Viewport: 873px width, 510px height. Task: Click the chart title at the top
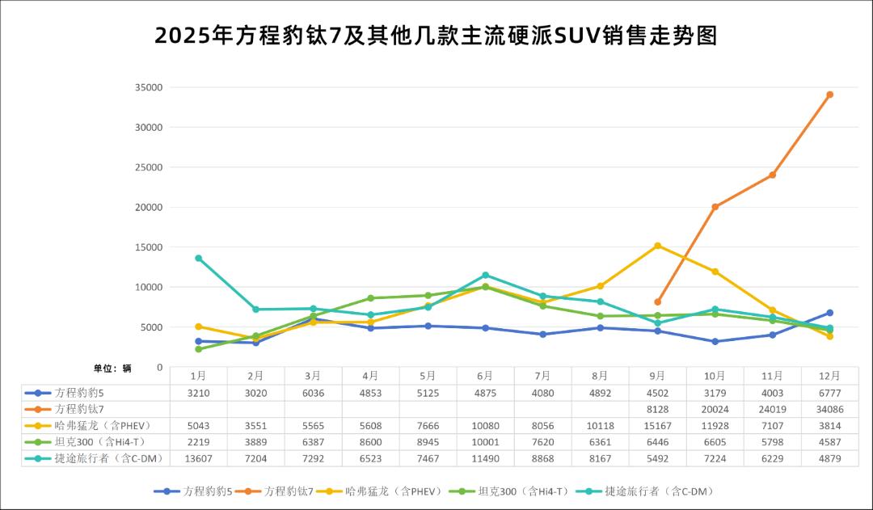click(436, 36)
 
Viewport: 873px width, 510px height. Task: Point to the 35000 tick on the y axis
click(149, 87)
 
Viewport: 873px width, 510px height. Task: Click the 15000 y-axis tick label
click(149, 247)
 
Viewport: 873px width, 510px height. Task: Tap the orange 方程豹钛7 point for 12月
click(829, 95)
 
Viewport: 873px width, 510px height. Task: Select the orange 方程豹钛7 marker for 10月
click(715, 207)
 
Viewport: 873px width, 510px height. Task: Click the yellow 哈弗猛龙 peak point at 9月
click(657, 246)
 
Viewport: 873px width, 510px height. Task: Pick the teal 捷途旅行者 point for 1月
click(198, 259)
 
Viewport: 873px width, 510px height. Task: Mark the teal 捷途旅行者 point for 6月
click(485, 275)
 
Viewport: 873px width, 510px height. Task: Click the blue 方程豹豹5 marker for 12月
click(829, 313)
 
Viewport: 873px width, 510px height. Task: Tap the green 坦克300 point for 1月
click(198, 349)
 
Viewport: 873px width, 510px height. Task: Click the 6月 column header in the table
click(485, 376)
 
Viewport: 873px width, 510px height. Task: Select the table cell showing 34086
click(829, 409)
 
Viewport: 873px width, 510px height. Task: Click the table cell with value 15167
click(657, 425)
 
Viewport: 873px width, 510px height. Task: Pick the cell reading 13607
click(198, 458)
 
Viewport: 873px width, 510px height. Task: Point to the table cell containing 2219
click(198, 442)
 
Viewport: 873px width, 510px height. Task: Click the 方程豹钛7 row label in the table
click(80, 409)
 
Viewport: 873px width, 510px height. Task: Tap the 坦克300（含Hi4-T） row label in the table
click(100, 442)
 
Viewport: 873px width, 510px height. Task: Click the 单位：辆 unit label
click(112, 368)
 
